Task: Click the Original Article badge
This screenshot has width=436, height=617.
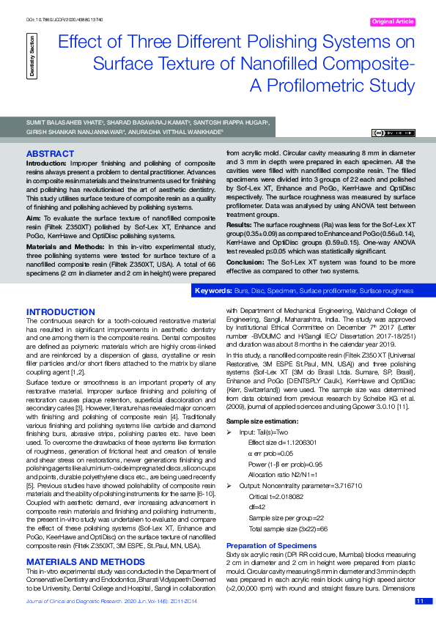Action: pyautogui.click(x=393, y=22)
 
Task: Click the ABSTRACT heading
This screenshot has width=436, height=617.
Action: pyautogui.click(x=50, y=153)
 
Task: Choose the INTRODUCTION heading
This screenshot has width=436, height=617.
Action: pyautogui.click(x=60, y=311)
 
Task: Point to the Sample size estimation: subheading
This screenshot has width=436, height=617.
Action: pyautogui.click(x=262, y=422)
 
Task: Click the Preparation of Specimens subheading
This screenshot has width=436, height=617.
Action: pyautogui.click(x=271, y=546)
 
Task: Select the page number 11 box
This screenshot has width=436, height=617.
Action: pyautogui.click(x=421, y=601)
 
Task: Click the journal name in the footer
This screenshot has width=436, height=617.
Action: pyautogui.click(x=80, y=601)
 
